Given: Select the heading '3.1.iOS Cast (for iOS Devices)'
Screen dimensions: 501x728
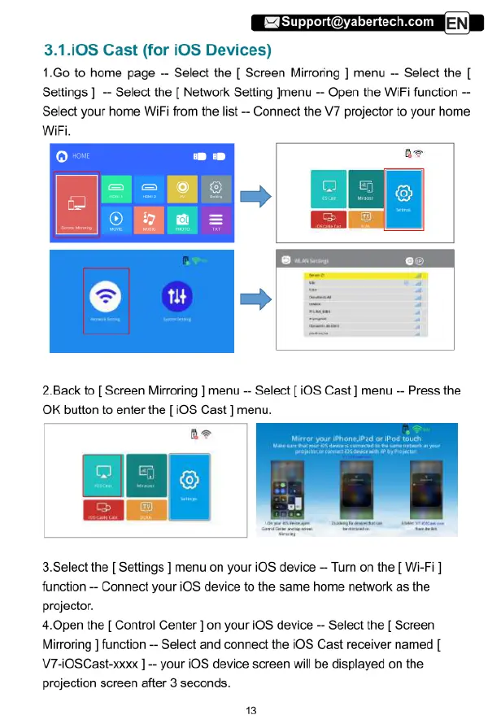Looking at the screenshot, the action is (x=156, y=51).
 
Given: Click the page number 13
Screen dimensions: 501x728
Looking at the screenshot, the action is (x=250, y=710).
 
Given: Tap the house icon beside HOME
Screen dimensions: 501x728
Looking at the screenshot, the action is (x=61, y=155).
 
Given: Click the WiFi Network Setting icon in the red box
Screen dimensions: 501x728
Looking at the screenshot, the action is (x=106, y=300).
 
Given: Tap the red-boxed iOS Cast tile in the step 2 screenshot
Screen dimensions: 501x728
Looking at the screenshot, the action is (x=103, y=475).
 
